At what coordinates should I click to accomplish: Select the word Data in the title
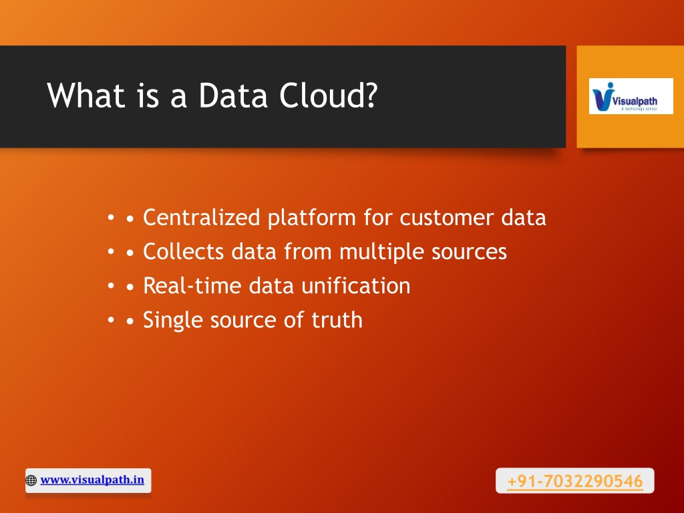click(x=233, y=95)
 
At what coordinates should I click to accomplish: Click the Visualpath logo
click(x=631, y=96)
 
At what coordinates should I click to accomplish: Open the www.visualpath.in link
click(x=92, y=480)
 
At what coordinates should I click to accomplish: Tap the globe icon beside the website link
click(x=31, y=480)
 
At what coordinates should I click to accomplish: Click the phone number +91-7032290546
click(x=575, y=481)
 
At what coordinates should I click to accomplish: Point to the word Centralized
click(x=202, y=217)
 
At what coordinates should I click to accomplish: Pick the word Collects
click(x=184, y=251)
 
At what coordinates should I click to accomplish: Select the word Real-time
click(x=192, y=286)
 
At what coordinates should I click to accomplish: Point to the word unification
click(x=355, y=286)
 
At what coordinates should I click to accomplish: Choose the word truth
click(x=337, y=320)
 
